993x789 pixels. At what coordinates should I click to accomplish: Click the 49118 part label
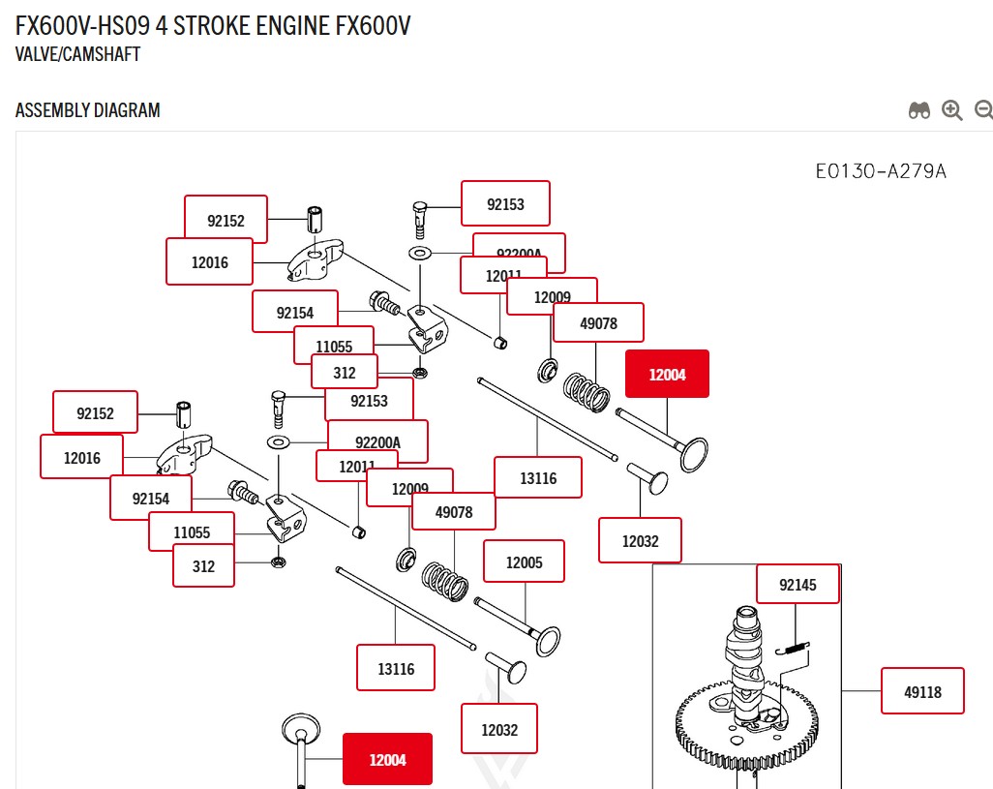(922, 691)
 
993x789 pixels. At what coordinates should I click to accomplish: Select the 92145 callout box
(798, 585)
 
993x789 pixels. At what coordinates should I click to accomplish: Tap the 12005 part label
(524, 561)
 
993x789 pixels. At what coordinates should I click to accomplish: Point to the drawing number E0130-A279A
(881, 172)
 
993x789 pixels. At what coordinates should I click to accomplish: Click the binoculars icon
(919, 110)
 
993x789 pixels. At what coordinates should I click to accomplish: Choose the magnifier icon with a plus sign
(952, 110)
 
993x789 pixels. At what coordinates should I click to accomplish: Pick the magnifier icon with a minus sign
(983, 110)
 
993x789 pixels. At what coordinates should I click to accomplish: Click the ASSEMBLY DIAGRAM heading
(88, 110)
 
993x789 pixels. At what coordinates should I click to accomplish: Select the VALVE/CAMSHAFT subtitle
(77, 54)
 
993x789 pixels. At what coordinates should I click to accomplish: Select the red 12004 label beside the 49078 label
(667, 374)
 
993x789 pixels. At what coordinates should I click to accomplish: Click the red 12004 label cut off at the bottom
(387, 759)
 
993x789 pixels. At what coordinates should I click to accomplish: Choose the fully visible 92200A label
(377, 442)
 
